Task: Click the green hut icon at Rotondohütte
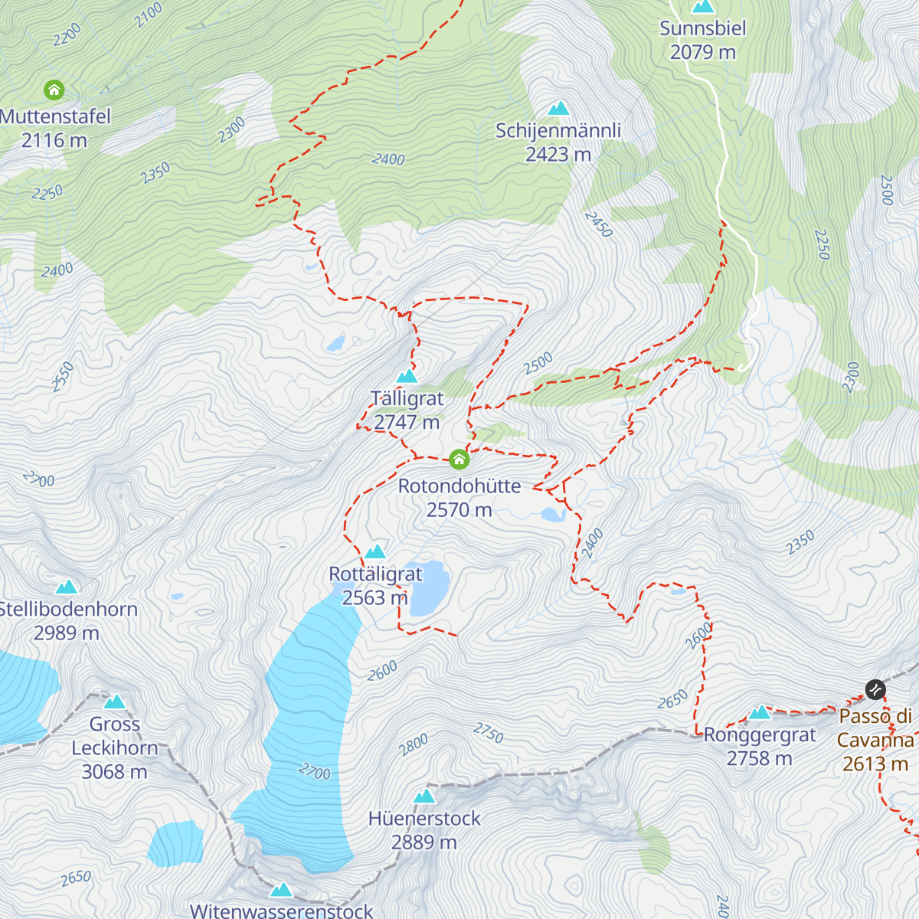[459, 459]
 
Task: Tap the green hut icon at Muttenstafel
[54, 90]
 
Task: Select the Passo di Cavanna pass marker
[875, 689]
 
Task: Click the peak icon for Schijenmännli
[558, 109]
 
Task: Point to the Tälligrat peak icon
[407, 376]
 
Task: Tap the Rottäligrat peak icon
[375, 552]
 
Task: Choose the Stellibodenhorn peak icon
[67, 587]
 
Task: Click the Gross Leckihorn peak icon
[114, 702]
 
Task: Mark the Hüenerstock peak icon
[424, 796]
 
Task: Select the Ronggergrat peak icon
[760, 713]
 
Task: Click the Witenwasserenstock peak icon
[281, 890]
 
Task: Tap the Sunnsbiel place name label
[702, 29]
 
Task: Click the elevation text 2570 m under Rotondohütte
[459, 510]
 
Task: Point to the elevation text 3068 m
[114, 772]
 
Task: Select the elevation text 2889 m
[424, 842]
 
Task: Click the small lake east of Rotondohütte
[552, 515]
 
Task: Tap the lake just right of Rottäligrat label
[429, 588]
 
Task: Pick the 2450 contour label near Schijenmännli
[598, 224]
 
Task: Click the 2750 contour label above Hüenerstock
[488, 733]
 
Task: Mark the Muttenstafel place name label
[56, 117]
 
